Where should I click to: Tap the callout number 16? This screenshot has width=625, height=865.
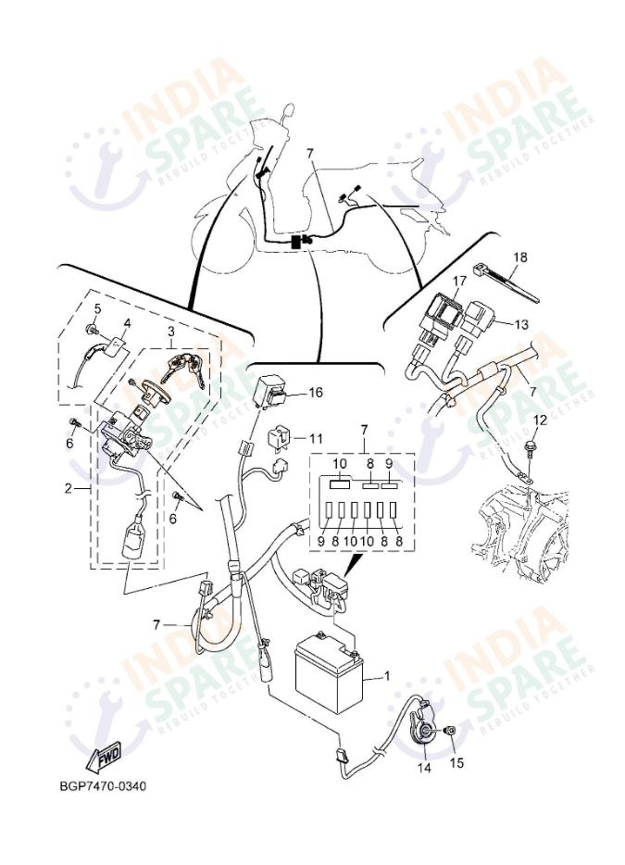click(316, 393)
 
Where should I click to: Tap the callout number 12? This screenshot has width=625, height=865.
click(541, 420)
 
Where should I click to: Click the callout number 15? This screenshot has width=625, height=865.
click(456, 763)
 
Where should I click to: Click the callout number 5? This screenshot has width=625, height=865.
click(97, 307)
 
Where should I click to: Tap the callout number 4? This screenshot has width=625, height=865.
click(126, 323)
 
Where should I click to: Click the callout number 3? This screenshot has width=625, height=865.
click(170, 332)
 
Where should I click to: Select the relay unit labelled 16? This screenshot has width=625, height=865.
click(274, 388)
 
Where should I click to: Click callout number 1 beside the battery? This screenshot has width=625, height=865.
click(386, 676)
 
